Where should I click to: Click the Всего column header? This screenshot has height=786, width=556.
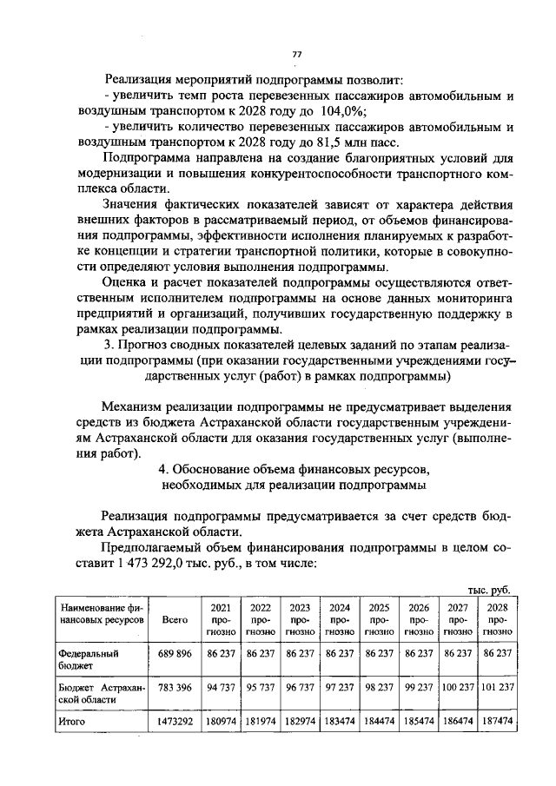(x=175, y=620)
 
